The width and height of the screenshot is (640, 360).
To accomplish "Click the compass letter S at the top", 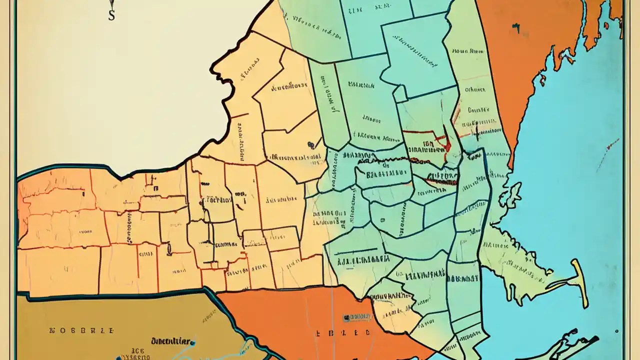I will [x=111, y=15].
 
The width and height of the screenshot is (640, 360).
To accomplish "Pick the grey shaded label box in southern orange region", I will [x=356, y=317].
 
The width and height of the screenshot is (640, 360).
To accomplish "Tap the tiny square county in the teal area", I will [x=400, y=93].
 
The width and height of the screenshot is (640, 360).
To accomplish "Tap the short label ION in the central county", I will [x=427, y=143].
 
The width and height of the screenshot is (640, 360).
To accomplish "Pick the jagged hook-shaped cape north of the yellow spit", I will [x=510, y=192].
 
